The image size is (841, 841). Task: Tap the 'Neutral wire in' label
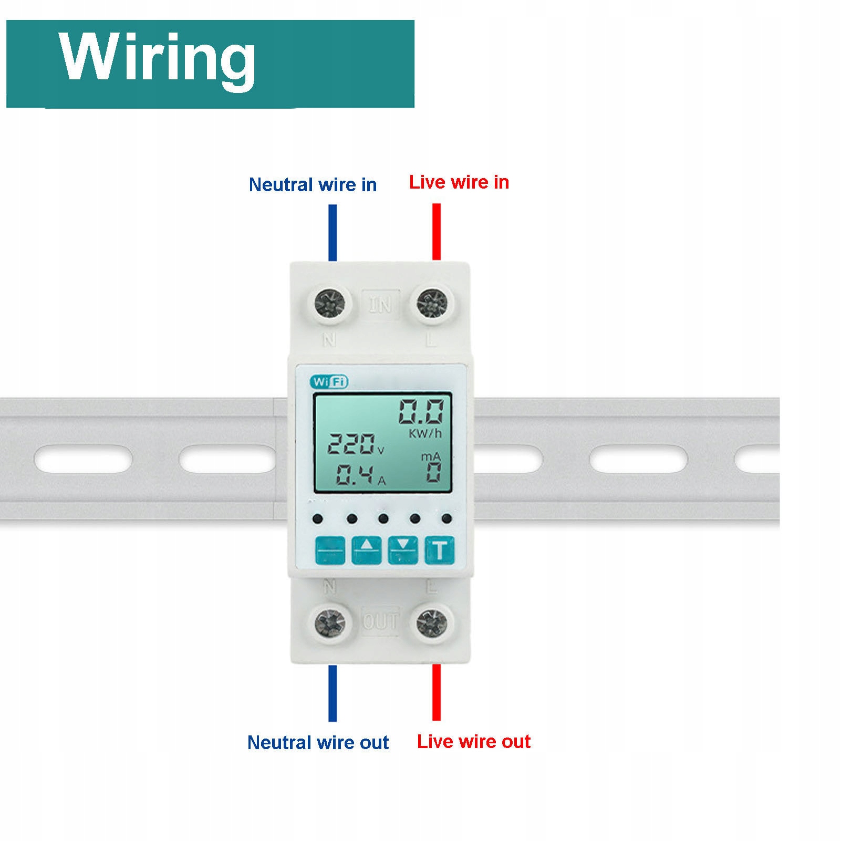coord(313,185)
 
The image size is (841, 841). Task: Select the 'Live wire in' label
coord(459,182)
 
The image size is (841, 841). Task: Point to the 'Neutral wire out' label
coord(318,742)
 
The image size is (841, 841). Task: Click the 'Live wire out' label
coord(473,741)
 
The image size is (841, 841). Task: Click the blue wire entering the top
coord(333,232)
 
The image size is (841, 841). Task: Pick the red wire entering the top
coord(437,232)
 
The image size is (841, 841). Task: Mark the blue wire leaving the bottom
coord(333,693)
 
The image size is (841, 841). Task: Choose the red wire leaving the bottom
coord(437,692)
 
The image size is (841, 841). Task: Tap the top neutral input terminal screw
coord(330,303)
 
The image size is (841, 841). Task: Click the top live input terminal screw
coord(432,303)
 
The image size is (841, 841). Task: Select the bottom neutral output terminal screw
coord(330,623)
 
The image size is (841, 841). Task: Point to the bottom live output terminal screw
coord(432,623)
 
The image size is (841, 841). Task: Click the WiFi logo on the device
coord(329,382)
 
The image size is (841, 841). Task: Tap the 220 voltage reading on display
coord(351,444)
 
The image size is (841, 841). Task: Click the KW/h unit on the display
coord(425,433)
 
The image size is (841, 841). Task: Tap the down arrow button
coord(403,550)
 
